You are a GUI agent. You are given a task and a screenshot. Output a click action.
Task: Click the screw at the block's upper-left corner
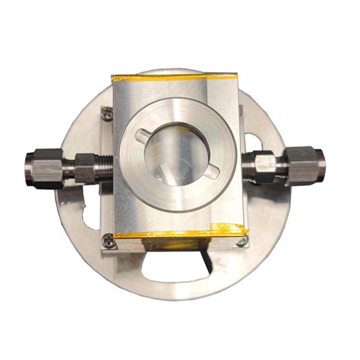click(x=108, y=114)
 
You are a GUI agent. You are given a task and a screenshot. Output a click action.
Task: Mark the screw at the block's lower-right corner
click(x=242, y=241)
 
